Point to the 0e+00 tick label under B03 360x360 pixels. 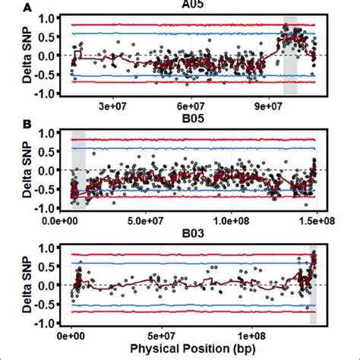(72, 335)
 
